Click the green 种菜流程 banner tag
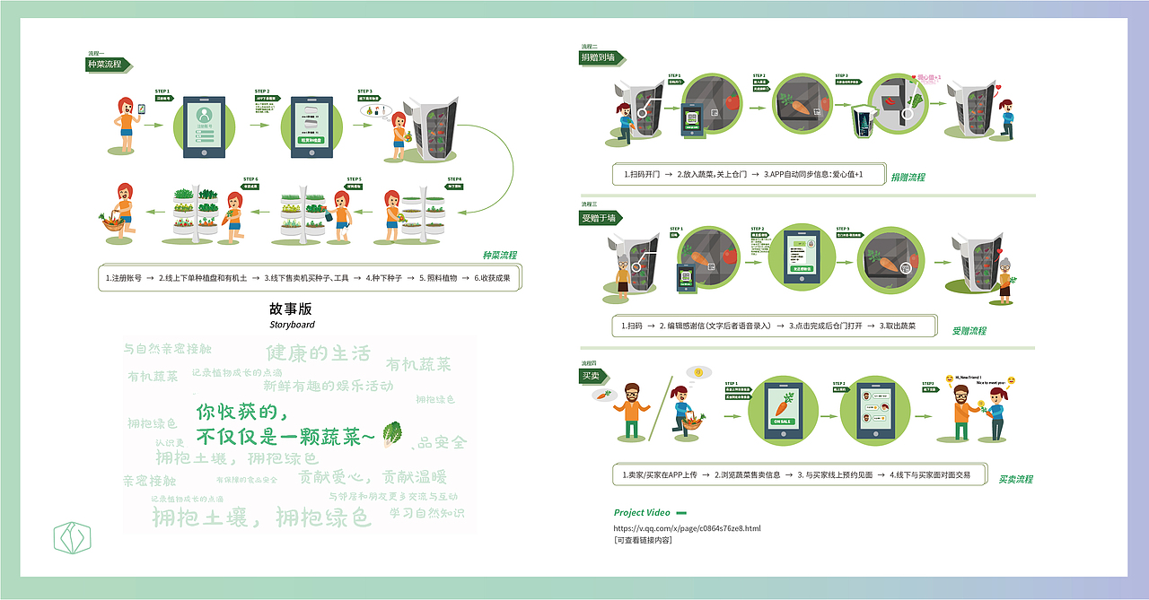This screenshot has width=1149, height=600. point(105,65)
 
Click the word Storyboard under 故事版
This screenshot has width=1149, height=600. point(292,325)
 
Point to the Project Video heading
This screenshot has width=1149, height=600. point(642,513)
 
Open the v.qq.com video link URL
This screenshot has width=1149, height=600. point(687,528)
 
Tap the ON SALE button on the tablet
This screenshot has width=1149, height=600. point(782,422)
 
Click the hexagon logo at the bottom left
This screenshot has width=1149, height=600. point(73,538)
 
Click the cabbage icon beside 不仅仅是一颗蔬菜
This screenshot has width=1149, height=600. point(392,434)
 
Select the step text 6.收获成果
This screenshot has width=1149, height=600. point(492,278)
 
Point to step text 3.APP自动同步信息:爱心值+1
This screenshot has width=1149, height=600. point(812,174)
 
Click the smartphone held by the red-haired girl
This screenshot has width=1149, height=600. point(140,109)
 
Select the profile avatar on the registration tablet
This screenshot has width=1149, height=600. point(206,116)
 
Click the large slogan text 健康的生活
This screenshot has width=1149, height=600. point(318,352)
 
